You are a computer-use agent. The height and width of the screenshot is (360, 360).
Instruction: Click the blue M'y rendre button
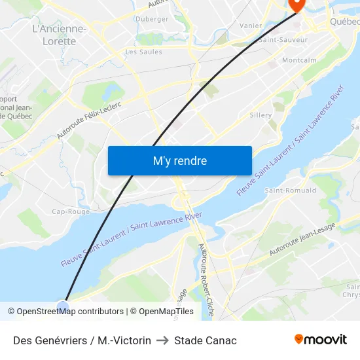coord(179,160)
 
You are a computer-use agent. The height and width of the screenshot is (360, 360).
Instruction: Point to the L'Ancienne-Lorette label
coord(59,35)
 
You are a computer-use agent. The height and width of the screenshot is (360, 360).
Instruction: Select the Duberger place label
coord(152,19)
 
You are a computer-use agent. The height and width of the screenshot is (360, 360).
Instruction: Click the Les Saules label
coord(143,52)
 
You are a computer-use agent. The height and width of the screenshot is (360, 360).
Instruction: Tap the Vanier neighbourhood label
coord(251,26)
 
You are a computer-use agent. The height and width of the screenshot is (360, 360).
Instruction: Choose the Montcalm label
coord(299,60)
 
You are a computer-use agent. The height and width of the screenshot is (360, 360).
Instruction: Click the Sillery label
coord(261,115)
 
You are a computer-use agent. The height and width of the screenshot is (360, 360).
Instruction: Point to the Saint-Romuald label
coord(290,190)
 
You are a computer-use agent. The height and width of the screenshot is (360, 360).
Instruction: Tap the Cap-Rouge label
coord(71,211)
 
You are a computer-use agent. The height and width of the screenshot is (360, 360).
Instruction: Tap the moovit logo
coord(321,340)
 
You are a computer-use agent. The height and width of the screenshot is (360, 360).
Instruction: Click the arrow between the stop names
coord(162,340)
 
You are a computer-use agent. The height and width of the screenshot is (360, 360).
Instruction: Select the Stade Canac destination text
coord(206,340)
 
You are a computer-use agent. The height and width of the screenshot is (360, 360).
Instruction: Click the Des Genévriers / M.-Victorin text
coord(82,340)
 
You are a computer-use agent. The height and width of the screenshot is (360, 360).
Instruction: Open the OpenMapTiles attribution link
coord(162,312)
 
